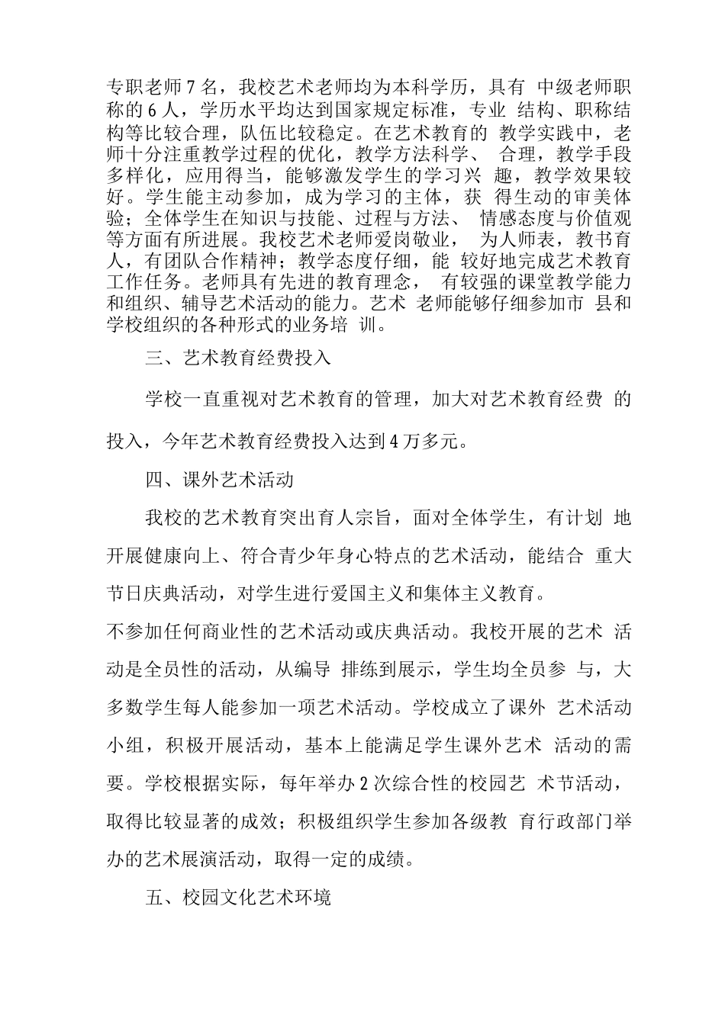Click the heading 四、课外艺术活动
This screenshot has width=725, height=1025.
[x=219, y=480]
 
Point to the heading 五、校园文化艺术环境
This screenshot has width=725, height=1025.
[x=237, y=898]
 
